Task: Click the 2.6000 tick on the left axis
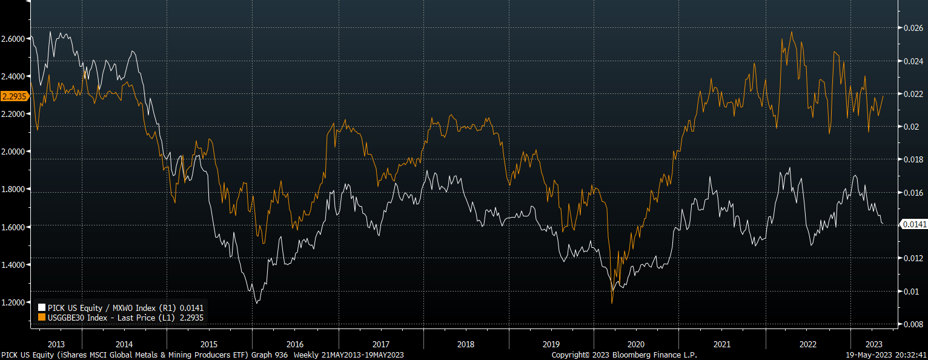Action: pos(13,39)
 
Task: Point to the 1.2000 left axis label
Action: pos(13,302)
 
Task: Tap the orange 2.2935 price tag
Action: pos(13,96)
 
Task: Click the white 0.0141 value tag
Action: pos(913,224)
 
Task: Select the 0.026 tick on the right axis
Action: pos(913,28)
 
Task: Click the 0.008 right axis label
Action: pos(913,324)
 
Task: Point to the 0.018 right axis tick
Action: pos(913,159)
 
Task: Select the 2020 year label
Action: pos(636,344)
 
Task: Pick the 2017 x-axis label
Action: pos(382,344)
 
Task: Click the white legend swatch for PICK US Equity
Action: pos(42,308)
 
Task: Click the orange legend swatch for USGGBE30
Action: pos(42,317)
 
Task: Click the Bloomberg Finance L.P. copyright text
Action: pos(624,355)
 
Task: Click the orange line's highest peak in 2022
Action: pos(792,32)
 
